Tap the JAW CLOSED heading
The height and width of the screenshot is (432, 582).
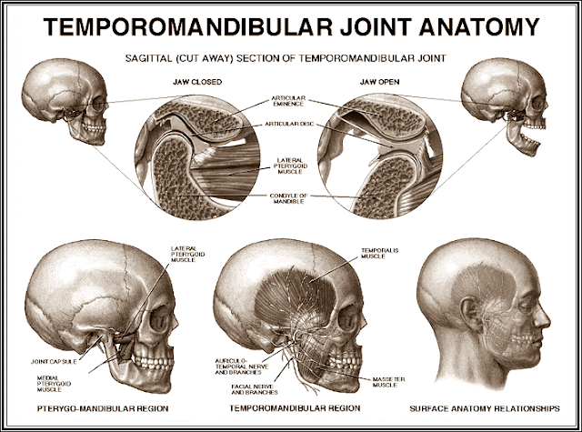pos(196,82)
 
